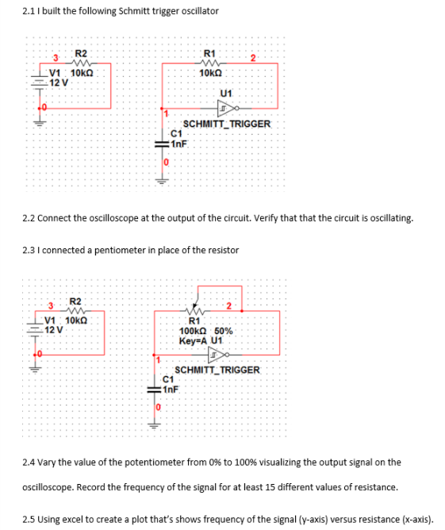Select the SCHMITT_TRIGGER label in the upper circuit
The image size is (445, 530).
227,124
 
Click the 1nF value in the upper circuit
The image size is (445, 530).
178,143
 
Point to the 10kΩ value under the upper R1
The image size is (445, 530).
212,73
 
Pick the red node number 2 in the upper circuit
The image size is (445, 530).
252,56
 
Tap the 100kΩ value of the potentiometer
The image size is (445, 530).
194,331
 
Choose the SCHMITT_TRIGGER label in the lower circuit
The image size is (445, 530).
217,370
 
